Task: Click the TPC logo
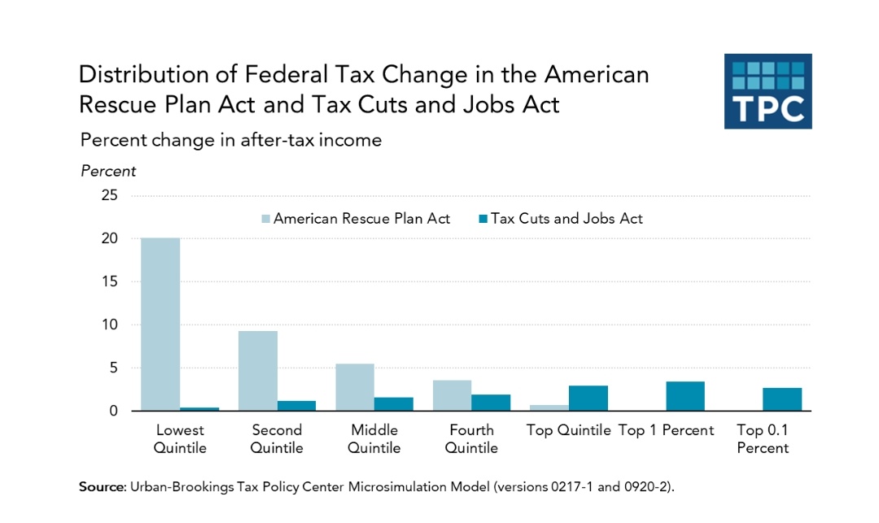click(767, 91)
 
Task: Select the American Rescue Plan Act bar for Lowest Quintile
click(160, 325)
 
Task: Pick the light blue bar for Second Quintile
click(257, 371)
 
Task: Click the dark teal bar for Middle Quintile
click(394, 404)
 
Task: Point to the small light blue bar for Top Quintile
click(549, 408)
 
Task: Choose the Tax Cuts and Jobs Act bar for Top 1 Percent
click(685, 396)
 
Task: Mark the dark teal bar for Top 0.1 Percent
click(782, 399)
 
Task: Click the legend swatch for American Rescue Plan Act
click(265, 219)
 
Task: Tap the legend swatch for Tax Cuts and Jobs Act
click(482, 219)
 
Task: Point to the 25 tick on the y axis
click(109, 196)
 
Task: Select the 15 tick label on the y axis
click(109, 282)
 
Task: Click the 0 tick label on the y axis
click(113, 412)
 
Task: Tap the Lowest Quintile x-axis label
click(180, 438)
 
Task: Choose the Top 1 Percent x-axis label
click(666, 430)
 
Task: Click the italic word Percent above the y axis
click(108, 172)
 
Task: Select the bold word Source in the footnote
click(101, 486)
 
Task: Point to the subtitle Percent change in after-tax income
click(230, 140)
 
